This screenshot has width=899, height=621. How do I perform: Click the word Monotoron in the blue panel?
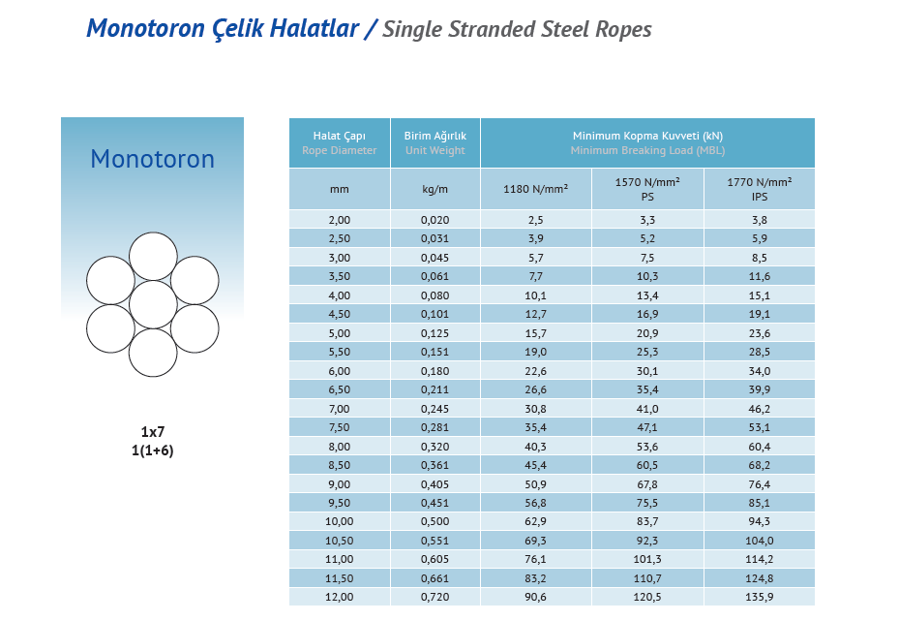point(152,159)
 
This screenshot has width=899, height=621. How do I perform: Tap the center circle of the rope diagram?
point(153,304)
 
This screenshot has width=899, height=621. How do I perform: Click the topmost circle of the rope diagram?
point(153,257)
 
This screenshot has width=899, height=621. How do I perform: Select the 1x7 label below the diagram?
point(153,432)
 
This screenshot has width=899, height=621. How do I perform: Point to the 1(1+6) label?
point(153,450)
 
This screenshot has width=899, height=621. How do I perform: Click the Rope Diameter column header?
point(339,143)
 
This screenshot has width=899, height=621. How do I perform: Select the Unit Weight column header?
point(435,143)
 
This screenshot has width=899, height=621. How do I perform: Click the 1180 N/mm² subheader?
point(535,189)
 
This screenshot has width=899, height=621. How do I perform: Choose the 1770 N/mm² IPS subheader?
point(760,189)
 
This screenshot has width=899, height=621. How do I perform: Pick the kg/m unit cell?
point(435,189)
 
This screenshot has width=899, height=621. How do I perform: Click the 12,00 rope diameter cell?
point(339,597)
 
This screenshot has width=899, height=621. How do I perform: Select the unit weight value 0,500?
point(435,521)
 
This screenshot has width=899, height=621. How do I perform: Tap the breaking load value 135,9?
point(760,597)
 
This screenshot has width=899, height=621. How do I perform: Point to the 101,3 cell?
point(647,559)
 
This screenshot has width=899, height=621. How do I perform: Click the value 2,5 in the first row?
point(535,220)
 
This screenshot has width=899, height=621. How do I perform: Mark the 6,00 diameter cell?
point(339,370)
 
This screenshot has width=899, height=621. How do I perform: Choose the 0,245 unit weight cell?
point(435,408)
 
